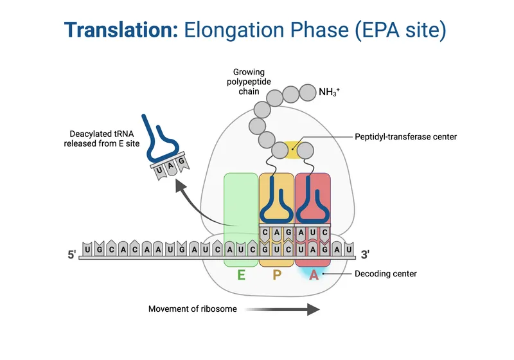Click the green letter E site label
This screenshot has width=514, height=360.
(x=242, y=276)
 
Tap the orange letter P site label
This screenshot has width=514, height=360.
(x=277, y=276)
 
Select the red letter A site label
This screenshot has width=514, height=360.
(x=314, y=276)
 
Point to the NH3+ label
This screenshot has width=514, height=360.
(x=329, y=93)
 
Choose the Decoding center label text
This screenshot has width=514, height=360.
(x=385, y=274)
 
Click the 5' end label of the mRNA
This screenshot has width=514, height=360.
(x=72, y=255)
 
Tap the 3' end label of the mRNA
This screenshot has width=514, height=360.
(x=365, y=255)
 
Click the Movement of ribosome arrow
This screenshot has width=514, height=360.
(x=282, y=309)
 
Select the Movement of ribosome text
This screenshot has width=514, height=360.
(x=193, y=309)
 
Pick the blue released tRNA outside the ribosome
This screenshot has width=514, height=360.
(x=161, y=138)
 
